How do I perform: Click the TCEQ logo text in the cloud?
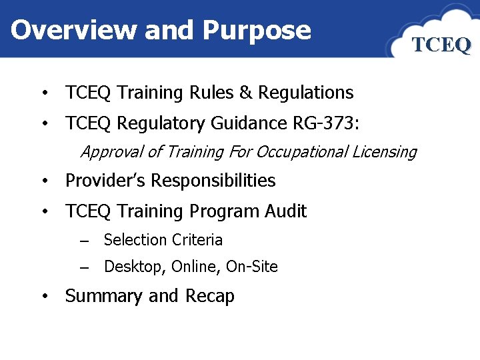(441, 45)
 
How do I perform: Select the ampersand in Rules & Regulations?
(245, 93)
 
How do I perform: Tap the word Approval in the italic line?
(111, 152)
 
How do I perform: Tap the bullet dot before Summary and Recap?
(43, 297)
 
